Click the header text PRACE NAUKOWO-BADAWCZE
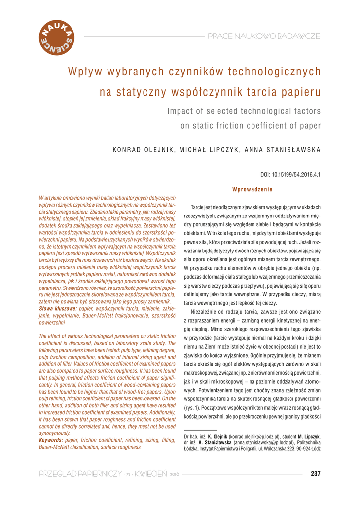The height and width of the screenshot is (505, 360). click(264, 36)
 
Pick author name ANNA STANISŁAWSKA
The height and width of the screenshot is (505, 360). click(278, 150)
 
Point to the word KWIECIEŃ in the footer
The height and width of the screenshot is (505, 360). click(149, 474)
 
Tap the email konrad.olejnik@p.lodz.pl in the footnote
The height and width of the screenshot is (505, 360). click(254, 437)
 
